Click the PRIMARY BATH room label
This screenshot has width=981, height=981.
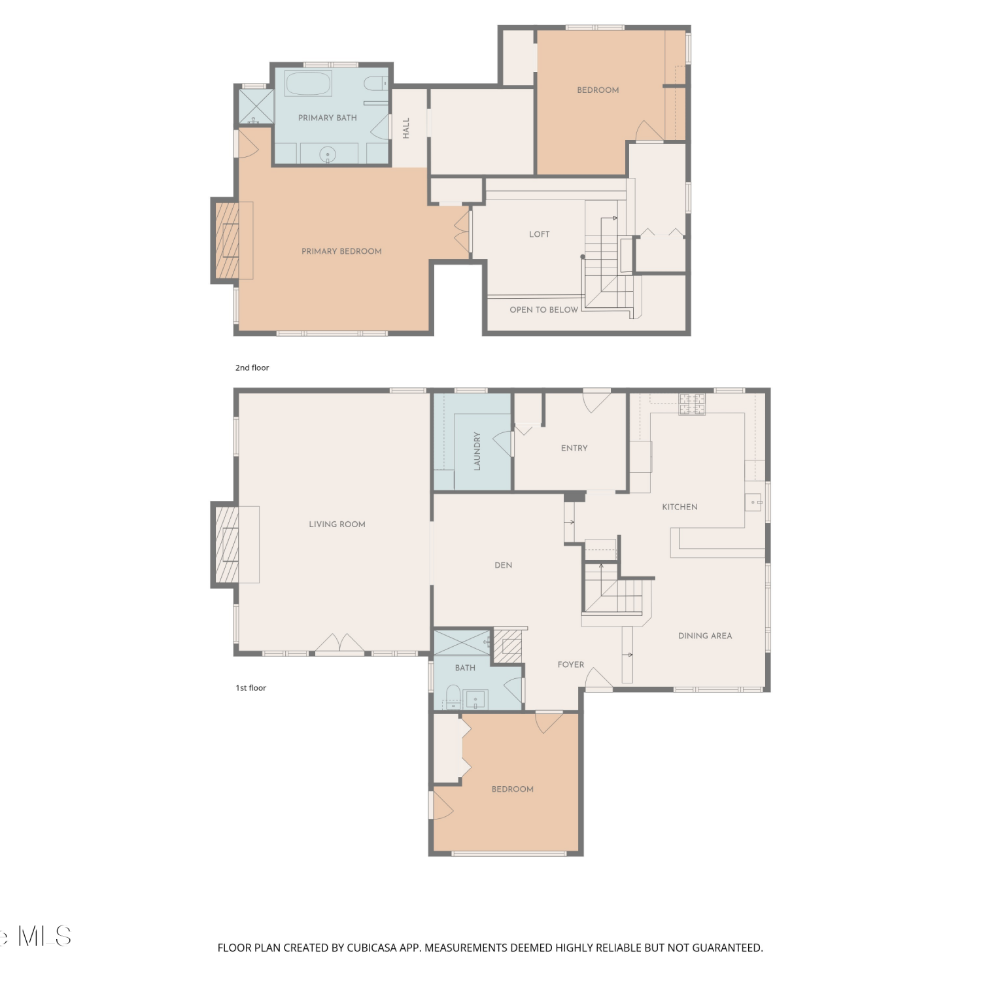pyautogui.click(x=328, y=118)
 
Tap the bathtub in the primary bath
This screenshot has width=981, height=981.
pyautogui.click(x=308, y=84)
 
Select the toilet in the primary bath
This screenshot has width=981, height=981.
pyautogui.click(x=375, y=83)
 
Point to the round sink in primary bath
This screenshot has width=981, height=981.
pyautogui.click(x=328, y=155)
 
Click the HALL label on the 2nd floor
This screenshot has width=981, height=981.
pyautogui.click(x=406, y=128)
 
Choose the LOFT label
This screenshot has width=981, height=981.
pyautogui.click(x=540, y=234)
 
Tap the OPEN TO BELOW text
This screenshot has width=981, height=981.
pyautogui.click(x=544, y=310)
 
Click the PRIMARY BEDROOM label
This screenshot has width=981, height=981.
pyautogui.click(x=341, y=251)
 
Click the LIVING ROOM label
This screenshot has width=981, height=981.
pyautogui.click(x=337, y=524)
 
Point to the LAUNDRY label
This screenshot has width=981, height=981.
pyautogui.click(x=477, y=451)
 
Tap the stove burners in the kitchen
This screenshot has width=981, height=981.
pyautogui.click(x=692, y=404)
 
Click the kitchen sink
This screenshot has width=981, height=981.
pyautogui.click(x=753, y=502)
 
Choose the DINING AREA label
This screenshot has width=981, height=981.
pyautogui.click(x=705, y=636)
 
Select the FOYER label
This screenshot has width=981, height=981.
pyautogui.click(x=571, y=664)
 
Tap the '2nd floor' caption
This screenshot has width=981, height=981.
pyautogui.click(x=252, y=368)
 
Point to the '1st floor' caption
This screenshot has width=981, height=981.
pyautogui.click(x=251, y=688)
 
